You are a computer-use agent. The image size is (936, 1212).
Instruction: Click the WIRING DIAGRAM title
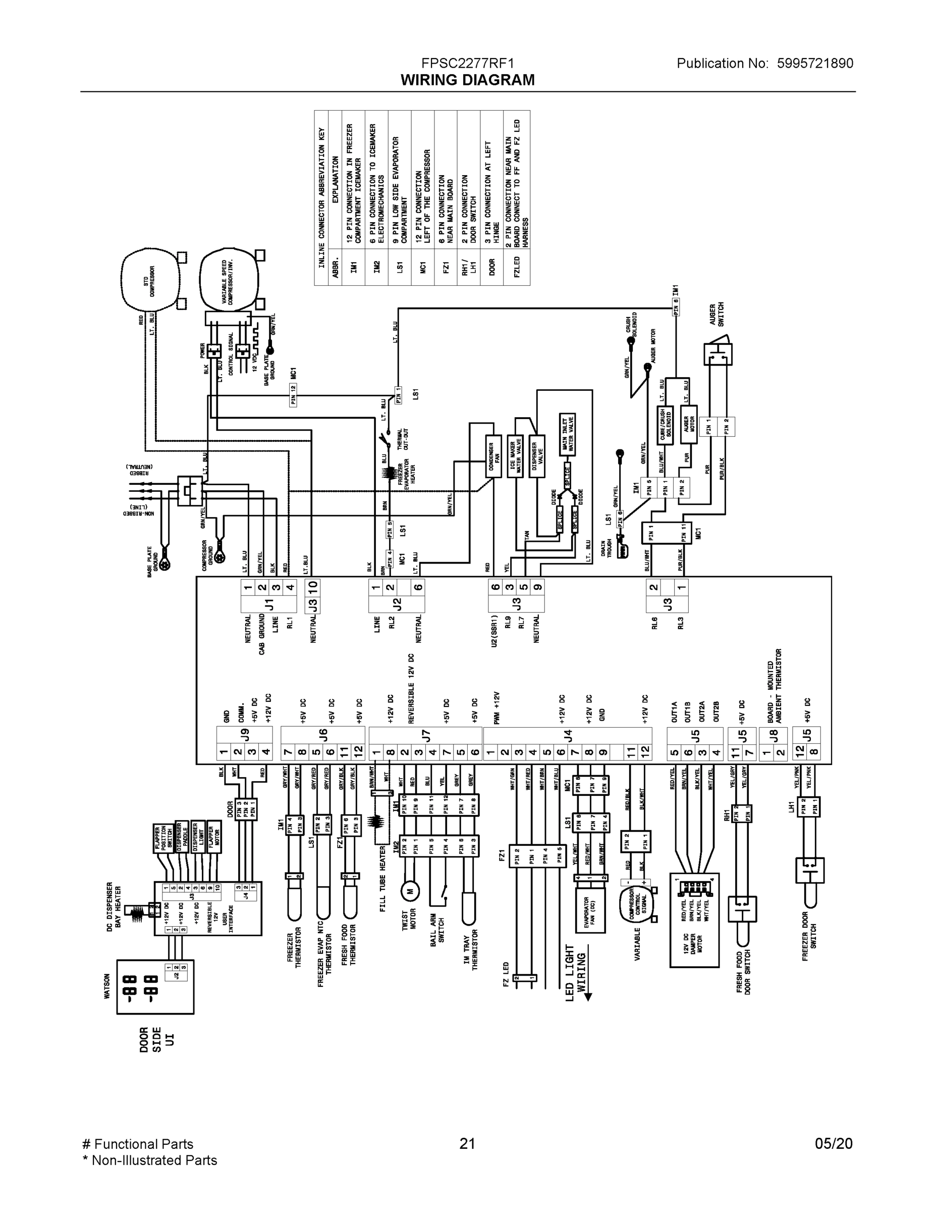[x=467, y=80]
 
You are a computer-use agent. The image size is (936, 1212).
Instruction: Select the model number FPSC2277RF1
[x=467, y=63]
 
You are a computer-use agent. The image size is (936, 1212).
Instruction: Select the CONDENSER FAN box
[x=493, y=456]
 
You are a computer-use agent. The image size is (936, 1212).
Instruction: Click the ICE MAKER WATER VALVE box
[x=515, y=456]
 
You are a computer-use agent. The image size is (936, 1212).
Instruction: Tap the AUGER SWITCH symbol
[x=718, y=353]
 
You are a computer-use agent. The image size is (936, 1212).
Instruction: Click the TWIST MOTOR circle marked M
[x=410, y=892]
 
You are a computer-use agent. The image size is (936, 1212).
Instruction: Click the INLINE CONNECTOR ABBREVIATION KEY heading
[x=321, y=198]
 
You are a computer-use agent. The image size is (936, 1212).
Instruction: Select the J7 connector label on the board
[x=425, y=735]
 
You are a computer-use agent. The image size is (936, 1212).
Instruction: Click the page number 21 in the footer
[x=467, y=1143]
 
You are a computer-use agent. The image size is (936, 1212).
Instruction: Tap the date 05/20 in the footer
[x=834, y=1143]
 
